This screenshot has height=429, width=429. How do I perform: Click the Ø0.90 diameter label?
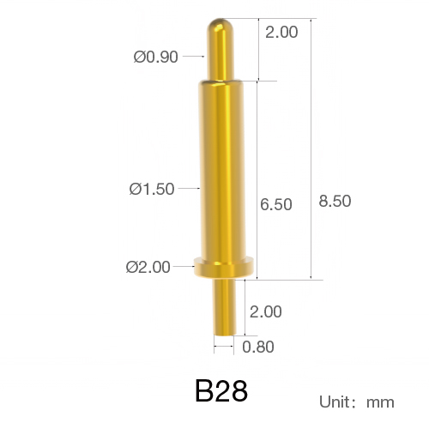(156, 57)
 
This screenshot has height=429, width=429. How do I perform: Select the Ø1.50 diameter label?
(152, 189)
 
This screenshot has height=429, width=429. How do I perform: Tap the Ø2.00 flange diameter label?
(148, 267)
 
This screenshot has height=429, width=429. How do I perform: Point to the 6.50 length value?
(276, 204)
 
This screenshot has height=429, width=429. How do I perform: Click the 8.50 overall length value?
(335, 201)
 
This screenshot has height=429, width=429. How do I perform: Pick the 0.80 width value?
(258, 347)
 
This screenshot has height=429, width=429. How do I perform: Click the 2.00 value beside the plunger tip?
(281, 32)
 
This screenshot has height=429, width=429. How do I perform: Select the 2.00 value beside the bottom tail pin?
(266, 311)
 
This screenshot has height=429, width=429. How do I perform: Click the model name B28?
(221, 391)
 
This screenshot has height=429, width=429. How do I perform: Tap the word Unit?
(335, 402)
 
